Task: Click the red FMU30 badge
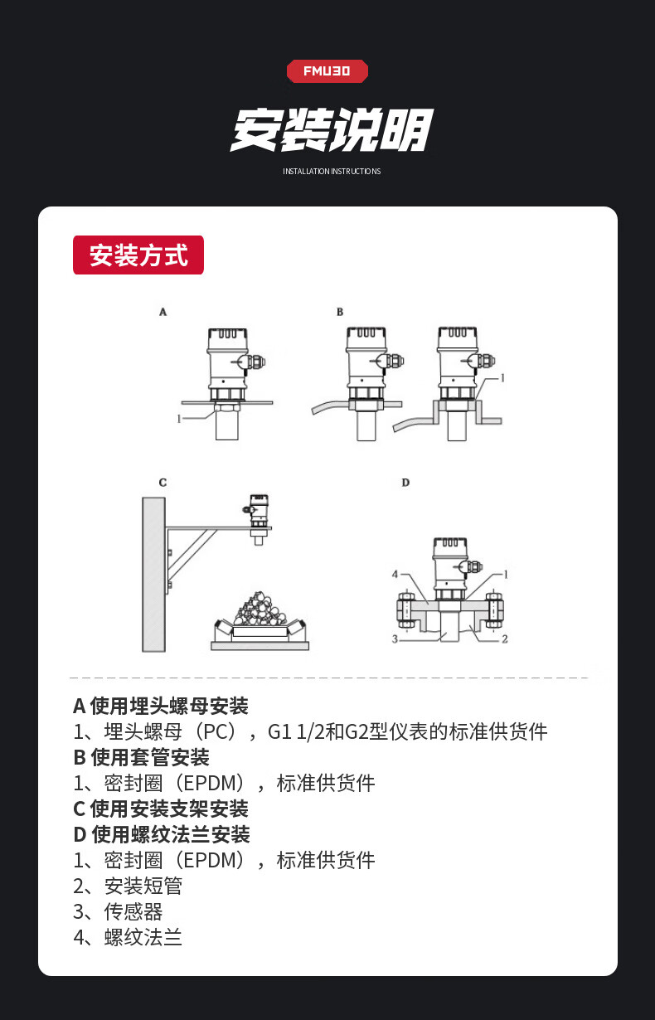pyautogui.click(x=327, y=71)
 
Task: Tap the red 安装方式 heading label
pyautogui.click(x=138, y=255)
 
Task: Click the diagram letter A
pyautogui.click(x=163, y=312)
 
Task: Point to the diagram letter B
pyautogui.click(x=340, y=312)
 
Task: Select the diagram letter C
pyautogui.click(x=163, y=483)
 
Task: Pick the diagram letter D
pyautogui.click(x=405, y=483)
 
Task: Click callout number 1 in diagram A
pyautogui.click(x=179, y=419)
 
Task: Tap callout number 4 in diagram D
pyautogui.click(x=395, y=575)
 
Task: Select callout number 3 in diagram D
pyautogui.click(x=395, y=639)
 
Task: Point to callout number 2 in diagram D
pyautogui.click(x=505, y=639)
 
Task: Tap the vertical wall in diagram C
pyautogui.click(x=154, y=574)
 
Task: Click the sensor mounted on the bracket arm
pyautogui.click(x=258, y=518)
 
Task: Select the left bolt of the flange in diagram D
pyautogui.click(x=405, y=610)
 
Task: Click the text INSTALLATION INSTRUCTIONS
pyautogui.click(x=332, y=171)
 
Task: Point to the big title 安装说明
pyautogui.click(x=332, y=129)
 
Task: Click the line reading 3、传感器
pyautogui.click(x=118, y=911)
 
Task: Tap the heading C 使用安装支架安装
pyautogui.click(x=161, y=809)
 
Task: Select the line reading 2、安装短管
pyautogui.click(x=128, y=886)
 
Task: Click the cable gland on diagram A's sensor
pyautogui.click(x=255, y=362)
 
